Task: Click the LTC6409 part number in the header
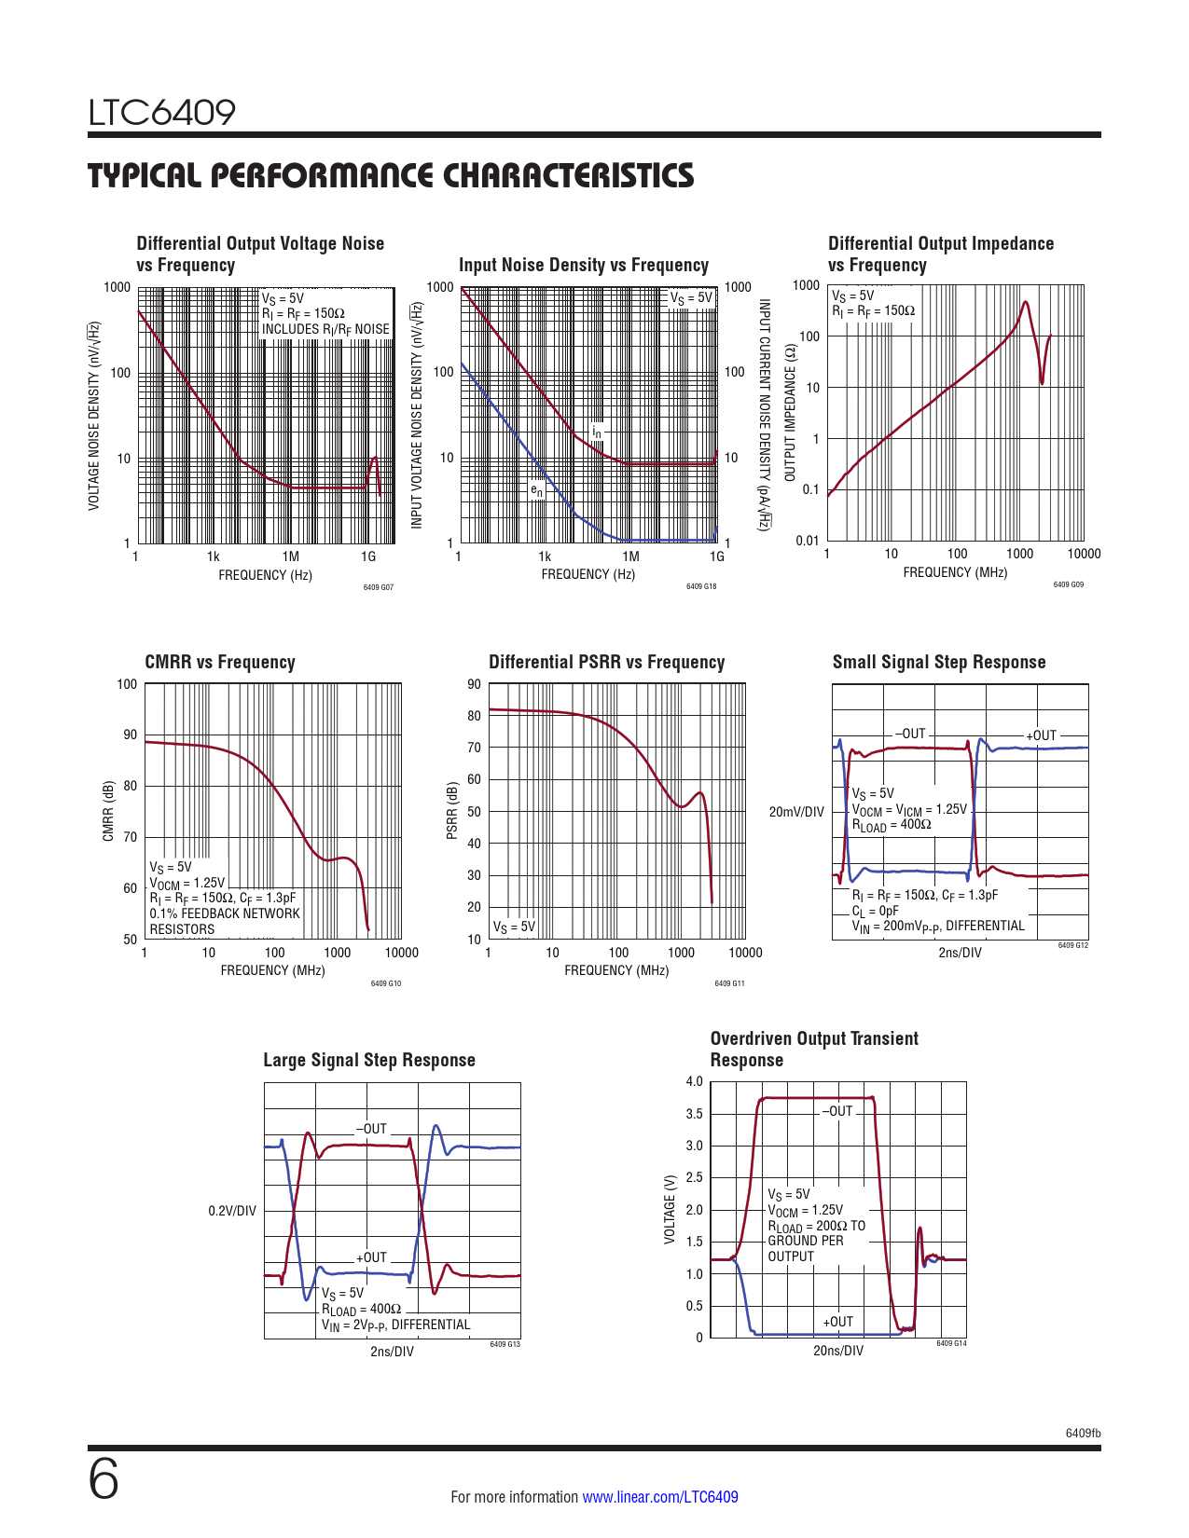pos(162,113)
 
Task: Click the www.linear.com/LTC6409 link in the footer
pos(659,1497)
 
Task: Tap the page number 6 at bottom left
pos(104,1480)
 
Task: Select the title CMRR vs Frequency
pos(220,662)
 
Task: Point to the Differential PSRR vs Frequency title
pos(606,662)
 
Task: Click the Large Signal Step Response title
pos(369,1060)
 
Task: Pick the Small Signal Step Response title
pos(939,662)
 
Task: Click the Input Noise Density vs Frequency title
pos(584,265)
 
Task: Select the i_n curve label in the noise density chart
pos(597,433)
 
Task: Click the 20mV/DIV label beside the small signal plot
pos(796,812)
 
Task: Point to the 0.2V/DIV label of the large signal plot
pos(232,1211)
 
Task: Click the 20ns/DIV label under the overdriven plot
pos(838,1351)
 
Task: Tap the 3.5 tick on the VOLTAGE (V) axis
pos(694,1114)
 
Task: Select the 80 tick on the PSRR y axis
pos(475,716)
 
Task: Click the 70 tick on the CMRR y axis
pos(131,837)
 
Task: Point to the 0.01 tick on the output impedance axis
pos(808,541)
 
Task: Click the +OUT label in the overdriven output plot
pos(837,1322)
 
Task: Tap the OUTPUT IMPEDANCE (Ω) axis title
pos(790,413)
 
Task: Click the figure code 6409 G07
pos(378,587)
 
